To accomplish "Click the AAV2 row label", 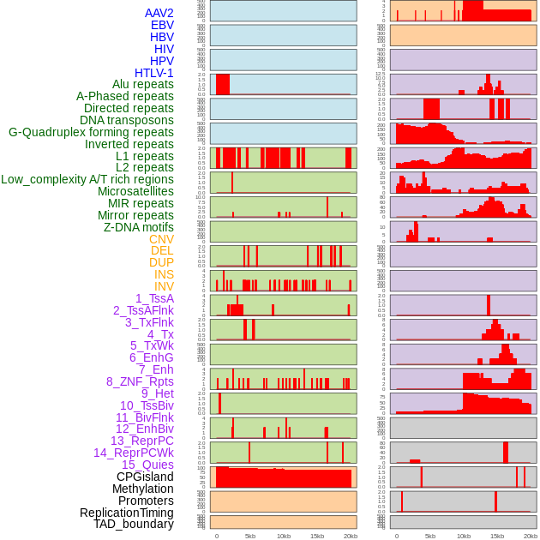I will coord(159,13).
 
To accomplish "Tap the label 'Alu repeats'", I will coord(142,84).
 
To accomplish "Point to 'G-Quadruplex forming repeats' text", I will coord(91,132).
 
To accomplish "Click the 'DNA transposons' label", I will coord(127,120).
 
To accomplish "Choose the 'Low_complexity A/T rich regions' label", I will coord(87,179).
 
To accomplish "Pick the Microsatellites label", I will coord(135,191).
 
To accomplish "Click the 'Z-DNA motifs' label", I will coord(139,227).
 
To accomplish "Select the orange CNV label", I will coord(161,239).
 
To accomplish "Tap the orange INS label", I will coord(164,274).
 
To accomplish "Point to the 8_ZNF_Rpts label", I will coord(140,381).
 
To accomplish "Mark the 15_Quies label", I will coord(147,465).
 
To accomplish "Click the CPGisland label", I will coord(145,477).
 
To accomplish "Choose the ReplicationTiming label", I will coord(126,513).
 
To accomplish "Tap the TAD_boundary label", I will coord(134,524).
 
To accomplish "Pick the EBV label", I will coord(162,25).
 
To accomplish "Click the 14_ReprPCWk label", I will coord(133,453).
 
